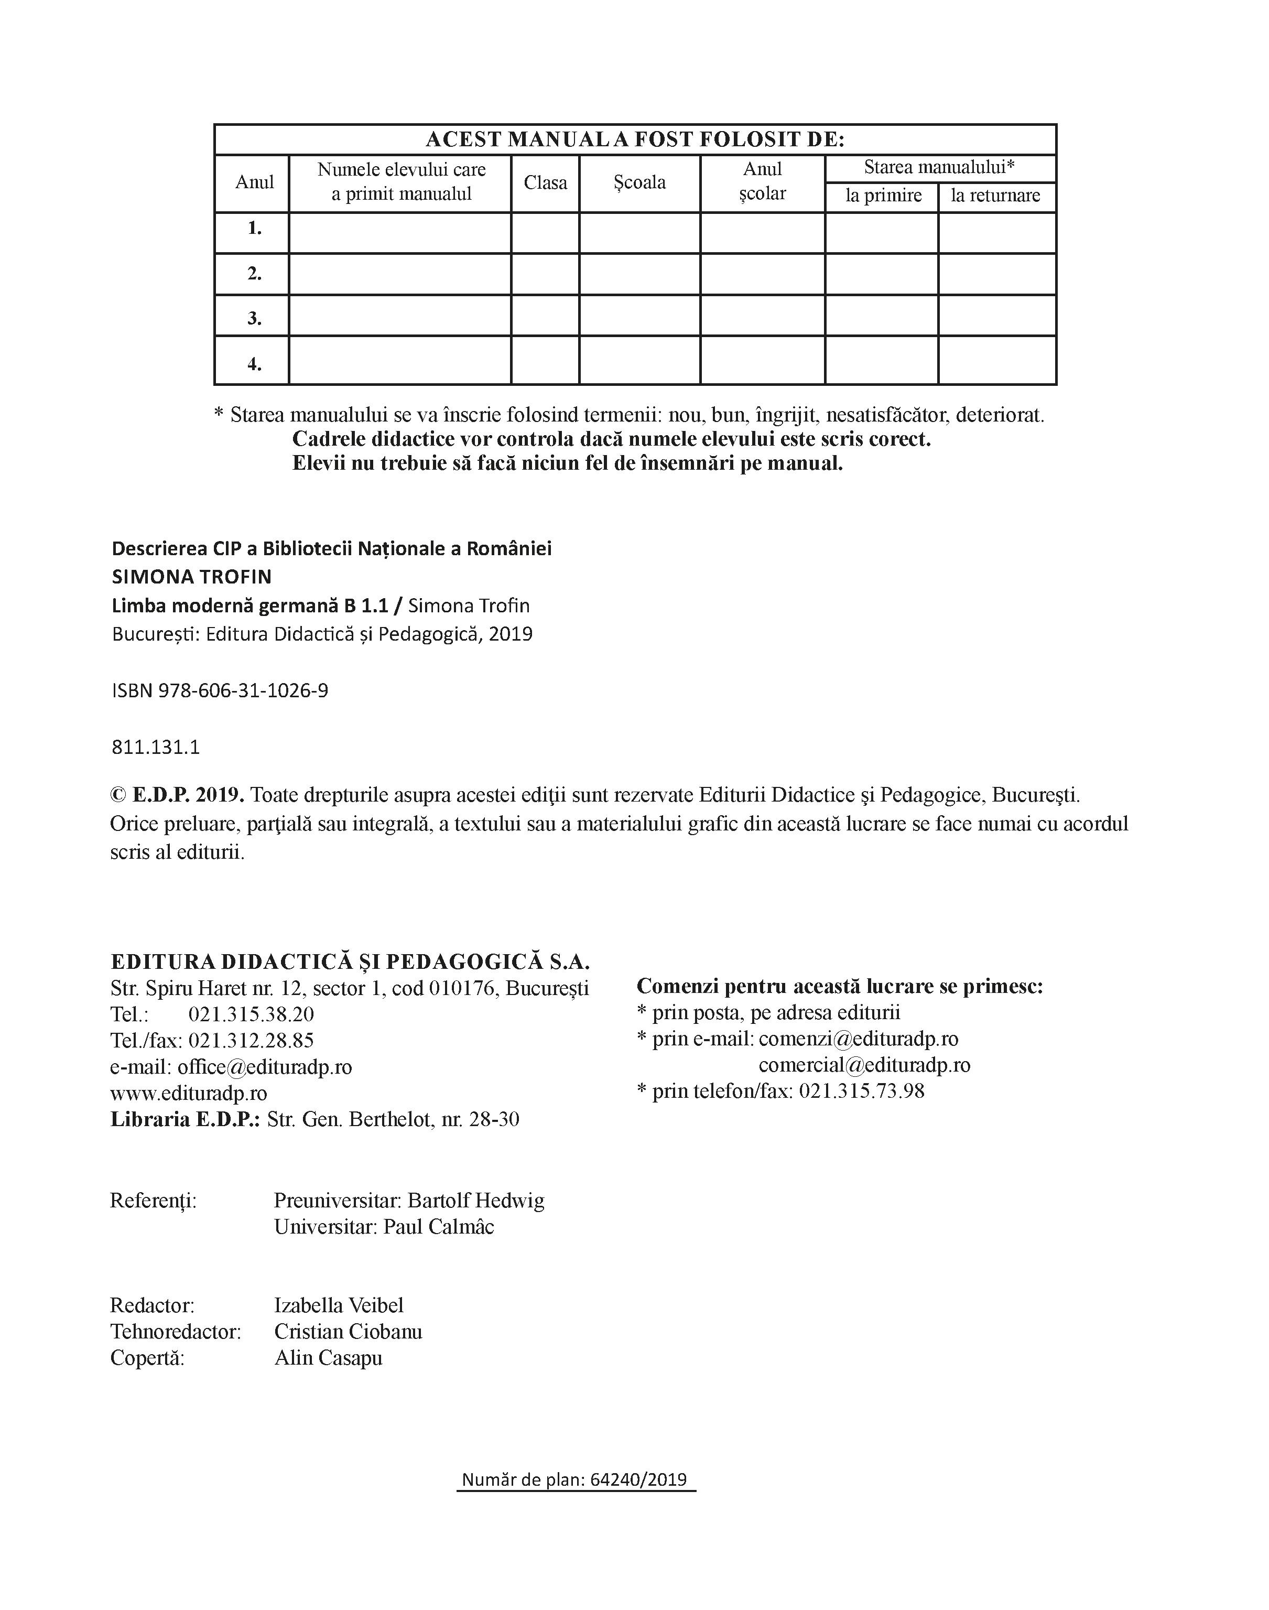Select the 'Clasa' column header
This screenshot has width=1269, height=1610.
(545, 183)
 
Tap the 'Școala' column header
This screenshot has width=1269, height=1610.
(639, 183)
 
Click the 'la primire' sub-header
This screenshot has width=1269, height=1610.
(883, 196)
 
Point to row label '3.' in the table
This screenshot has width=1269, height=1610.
(254, 319)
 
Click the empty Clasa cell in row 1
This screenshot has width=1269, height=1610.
(545, 233)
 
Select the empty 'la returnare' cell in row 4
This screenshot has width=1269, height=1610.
(997, 360)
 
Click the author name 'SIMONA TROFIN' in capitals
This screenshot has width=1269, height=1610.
(192, 577)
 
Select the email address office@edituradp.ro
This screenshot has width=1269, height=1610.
(265, 1067)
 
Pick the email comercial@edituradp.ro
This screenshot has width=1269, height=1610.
(864, 1065)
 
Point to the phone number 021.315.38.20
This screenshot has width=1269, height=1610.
(251, 1014)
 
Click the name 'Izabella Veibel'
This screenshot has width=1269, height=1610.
(339, 1305)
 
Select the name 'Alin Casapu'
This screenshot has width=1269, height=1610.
(329, 1358)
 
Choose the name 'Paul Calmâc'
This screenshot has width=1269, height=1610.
(438, 1227)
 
